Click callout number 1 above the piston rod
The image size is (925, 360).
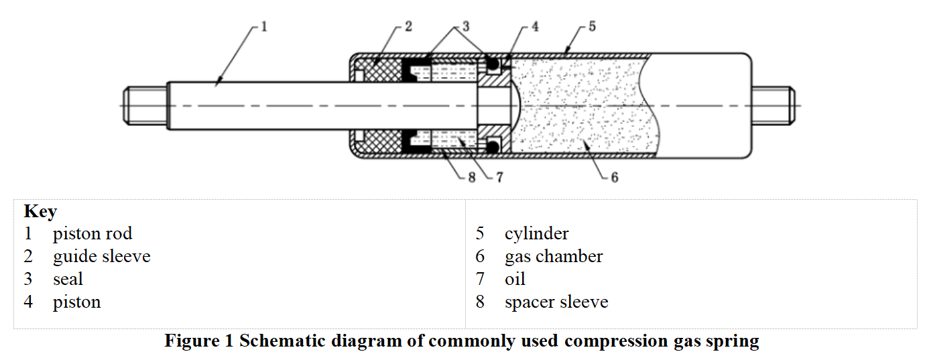264,27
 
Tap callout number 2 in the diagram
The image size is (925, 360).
408,27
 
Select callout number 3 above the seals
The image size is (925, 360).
465,27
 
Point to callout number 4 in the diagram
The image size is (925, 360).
534,27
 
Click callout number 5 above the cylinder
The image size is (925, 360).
592,27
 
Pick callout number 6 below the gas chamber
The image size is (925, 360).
614,178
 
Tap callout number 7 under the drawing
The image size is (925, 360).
499,178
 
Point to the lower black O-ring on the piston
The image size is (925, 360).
493,145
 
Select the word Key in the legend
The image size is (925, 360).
40,212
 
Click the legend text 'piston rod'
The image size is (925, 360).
92,234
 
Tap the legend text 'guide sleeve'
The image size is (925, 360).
101,257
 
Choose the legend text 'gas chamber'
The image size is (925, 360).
554,257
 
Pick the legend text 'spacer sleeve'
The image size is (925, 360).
556,302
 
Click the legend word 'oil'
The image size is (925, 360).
515,280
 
